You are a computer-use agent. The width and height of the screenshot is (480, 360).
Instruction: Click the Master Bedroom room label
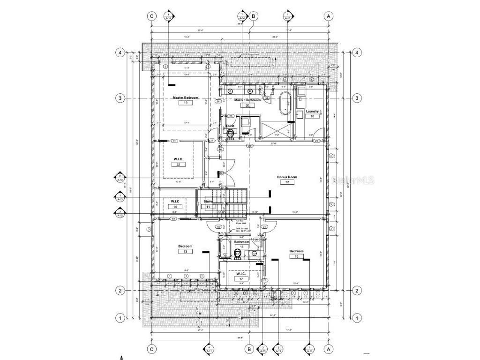point(186,97)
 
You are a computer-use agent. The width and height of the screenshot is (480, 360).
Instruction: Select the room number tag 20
point(247,105)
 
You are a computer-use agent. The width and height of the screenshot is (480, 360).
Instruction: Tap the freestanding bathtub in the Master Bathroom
point(285,104)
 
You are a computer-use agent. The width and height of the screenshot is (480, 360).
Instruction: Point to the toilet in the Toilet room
point(230,134)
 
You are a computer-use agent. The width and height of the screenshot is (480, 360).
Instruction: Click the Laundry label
point(312,112)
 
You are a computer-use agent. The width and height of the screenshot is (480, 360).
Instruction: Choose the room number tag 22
point(178,165)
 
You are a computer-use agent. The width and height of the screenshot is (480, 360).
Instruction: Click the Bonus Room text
point(287,177)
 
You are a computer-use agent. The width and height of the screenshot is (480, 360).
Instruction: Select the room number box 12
point(287,182)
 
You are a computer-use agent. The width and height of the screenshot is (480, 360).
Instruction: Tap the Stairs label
point(208,201)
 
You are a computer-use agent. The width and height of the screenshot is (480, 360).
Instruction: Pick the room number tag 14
point(175,206)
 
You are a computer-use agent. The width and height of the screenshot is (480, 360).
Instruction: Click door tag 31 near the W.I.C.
point(174,141)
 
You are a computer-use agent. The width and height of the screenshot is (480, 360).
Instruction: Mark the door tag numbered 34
point(250,146)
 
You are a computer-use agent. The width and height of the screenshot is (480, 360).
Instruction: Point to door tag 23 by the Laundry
point(316,141)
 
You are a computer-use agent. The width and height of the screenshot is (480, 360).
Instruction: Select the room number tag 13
point(185,252)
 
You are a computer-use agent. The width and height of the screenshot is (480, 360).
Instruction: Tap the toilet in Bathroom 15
point(238,254)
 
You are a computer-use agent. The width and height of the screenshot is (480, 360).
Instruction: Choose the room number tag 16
point(296,256)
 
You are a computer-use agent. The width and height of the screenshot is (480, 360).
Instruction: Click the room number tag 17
point(241,278)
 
